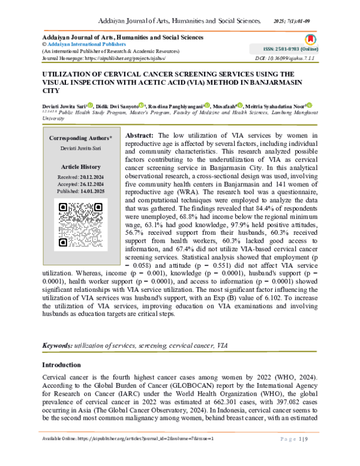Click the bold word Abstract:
click(143, 136)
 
